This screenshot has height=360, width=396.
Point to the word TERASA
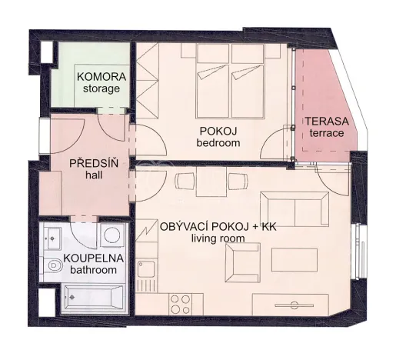326,122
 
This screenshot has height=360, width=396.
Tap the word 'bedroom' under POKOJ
219,143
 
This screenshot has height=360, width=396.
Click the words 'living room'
218,239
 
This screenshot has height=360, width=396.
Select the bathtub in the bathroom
89,295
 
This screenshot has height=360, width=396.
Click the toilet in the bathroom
55,264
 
